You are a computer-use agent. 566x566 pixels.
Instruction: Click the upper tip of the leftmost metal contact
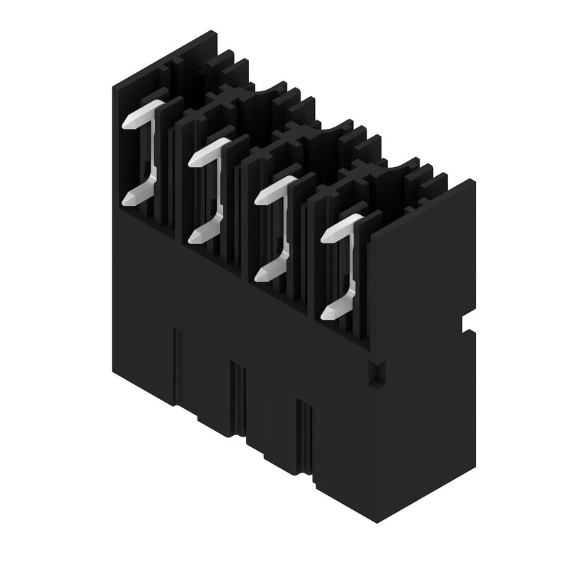[x=128, y=123]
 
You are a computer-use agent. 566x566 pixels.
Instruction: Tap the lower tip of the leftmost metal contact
[x=128, y=201]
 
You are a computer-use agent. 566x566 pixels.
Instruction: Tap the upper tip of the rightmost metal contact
[x=327, y=238]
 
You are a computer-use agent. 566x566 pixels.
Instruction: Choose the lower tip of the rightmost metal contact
[x=328, y=315]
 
